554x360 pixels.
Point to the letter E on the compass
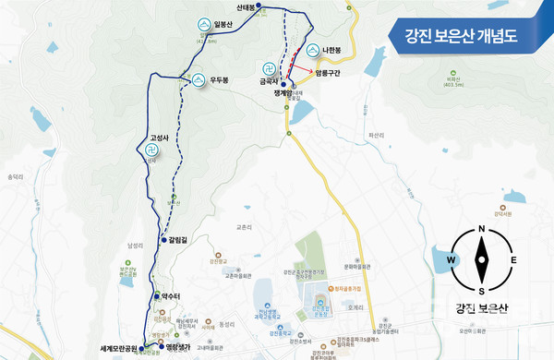point(513,259)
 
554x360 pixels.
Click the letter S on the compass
point(481,289)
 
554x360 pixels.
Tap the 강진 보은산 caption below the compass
point(481,308)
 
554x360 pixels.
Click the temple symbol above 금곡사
point(269,68)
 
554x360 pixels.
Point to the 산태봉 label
point(246,6)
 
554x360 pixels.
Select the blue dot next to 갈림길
point(164,239)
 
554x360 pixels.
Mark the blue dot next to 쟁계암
point(283,85)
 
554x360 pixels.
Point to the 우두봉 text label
point(220,79)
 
